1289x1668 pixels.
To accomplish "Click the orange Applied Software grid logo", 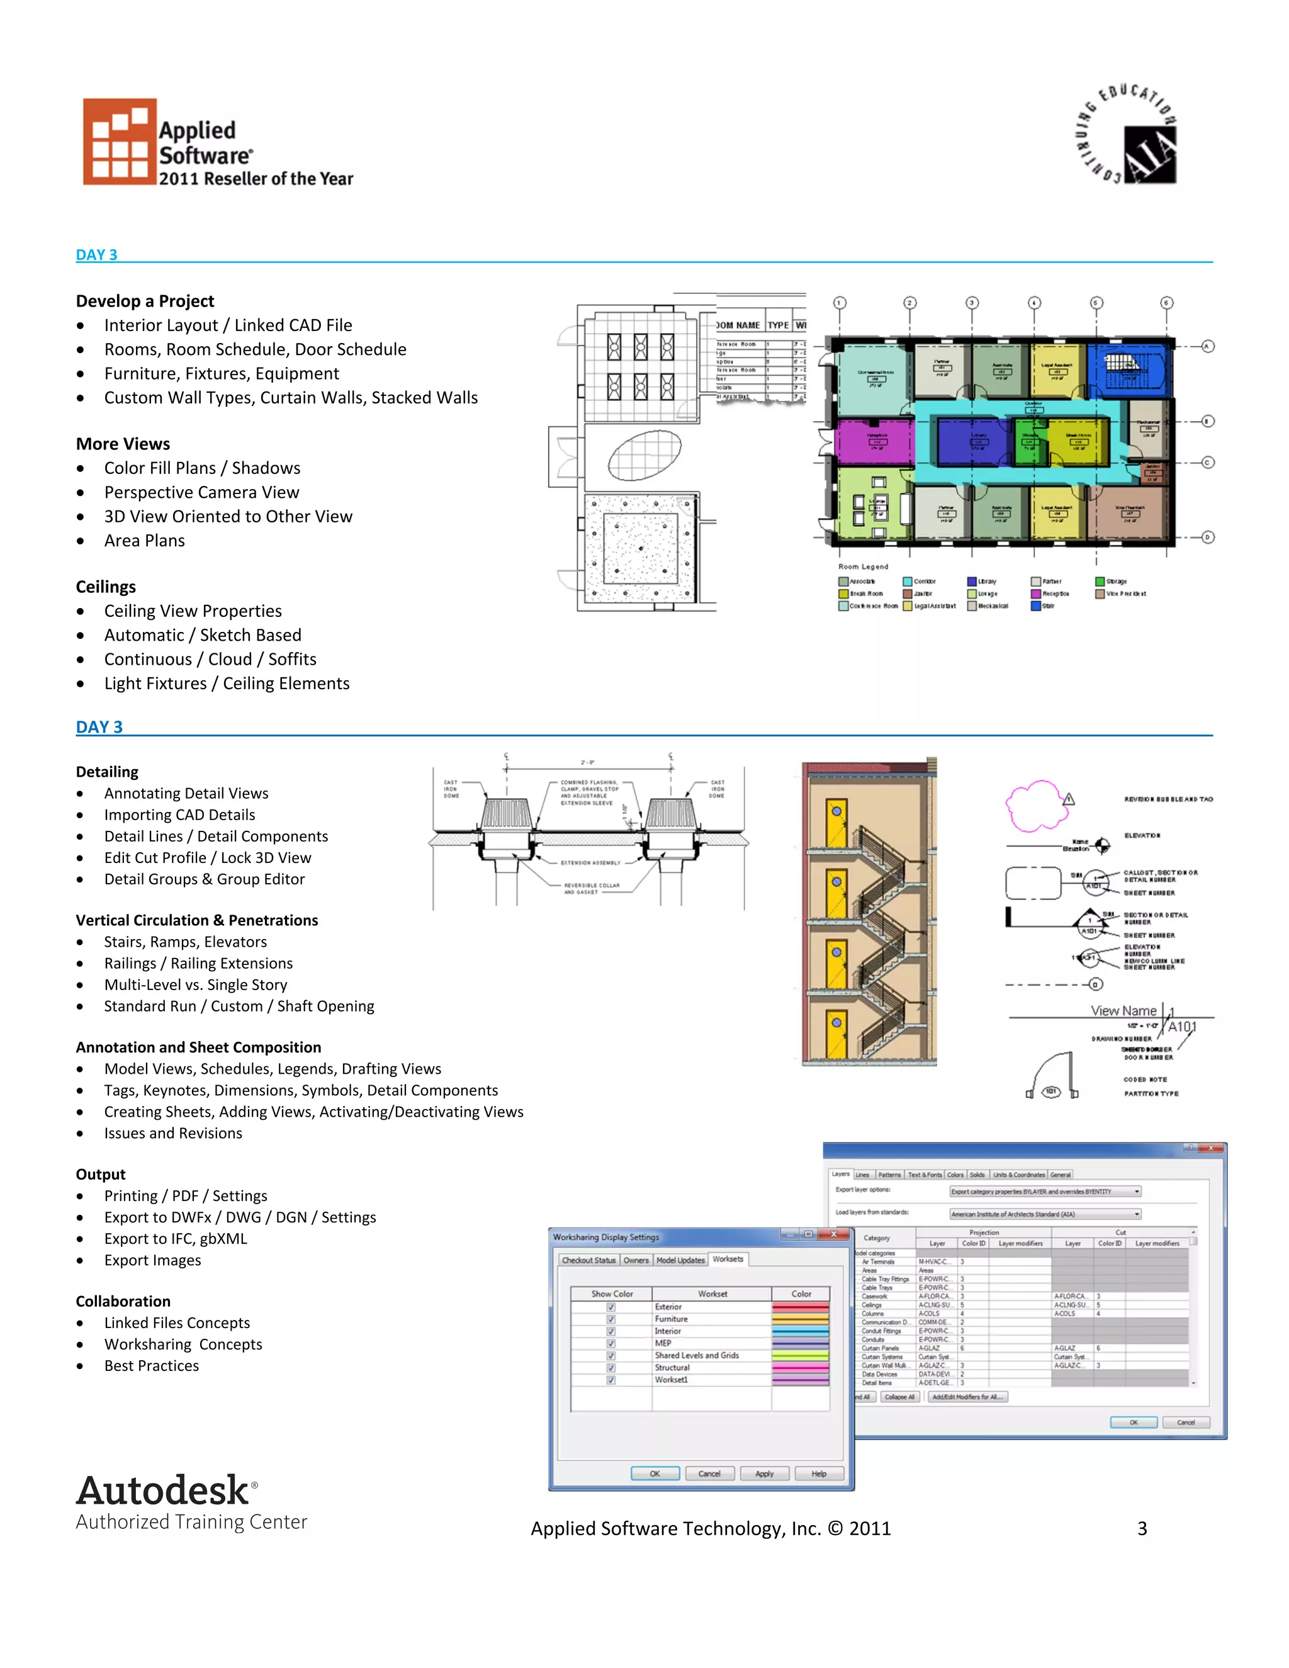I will point(120,142).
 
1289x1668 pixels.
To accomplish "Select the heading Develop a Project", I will point(145,301).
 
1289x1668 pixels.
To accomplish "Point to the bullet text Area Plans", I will point(144,541).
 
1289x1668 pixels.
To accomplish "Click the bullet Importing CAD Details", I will point(179,815).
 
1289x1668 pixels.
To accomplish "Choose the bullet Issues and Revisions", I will point(173,1134).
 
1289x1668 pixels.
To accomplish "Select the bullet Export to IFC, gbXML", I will point(176,1239).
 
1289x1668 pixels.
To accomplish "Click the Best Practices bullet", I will point(151,1366).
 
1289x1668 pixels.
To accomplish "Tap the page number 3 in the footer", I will point(1142,1528).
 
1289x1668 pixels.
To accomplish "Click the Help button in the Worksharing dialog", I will point(819,1474).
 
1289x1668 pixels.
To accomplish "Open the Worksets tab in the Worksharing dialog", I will point(728,1259).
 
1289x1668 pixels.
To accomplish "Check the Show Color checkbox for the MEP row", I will point(611,1343).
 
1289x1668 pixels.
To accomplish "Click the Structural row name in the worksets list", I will point(672,1368).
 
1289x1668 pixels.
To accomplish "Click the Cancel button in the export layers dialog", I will point(1185,1422).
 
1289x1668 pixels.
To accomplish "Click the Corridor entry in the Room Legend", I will point(924,581).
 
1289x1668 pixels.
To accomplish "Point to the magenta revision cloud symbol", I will point(1035,804).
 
